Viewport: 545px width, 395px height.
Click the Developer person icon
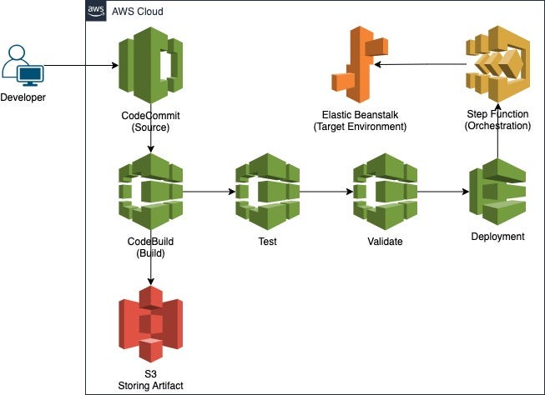[23, 67]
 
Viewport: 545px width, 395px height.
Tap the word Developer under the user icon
[23, 98]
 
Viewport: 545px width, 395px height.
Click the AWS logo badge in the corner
[96, 11]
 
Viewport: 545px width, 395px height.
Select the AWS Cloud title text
[138, 12]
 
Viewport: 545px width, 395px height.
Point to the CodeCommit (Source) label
[150, 121]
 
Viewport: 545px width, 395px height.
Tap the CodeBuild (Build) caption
[150, 247]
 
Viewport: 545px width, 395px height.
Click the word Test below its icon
[267, 242]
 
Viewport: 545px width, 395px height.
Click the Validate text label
[384, 242]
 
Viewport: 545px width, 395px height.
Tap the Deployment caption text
[497, 237]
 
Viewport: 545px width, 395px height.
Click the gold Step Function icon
[497, 63]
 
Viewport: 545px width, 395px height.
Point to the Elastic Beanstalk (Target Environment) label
[359, 121]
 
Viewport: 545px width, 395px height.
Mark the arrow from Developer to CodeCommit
[79, 66]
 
